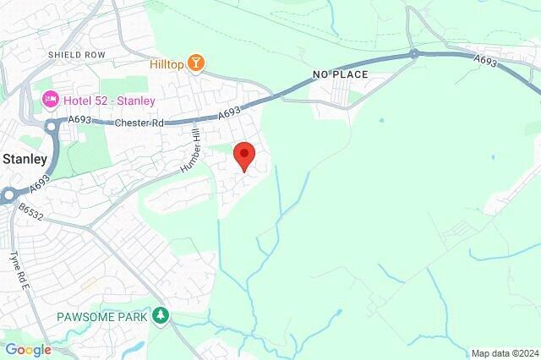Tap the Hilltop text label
tap(167, 63)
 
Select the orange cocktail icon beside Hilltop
tap(197, 63)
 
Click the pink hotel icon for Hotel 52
tap(50, 101)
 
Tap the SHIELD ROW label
tap(76, 55)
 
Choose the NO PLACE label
tap(340, 75)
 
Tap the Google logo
tap(28, 350)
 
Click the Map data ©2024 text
tap(505, 353)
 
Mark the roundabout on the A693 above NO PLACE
tap(413, 54)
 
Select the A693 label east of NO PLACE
tap(485, 60)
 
